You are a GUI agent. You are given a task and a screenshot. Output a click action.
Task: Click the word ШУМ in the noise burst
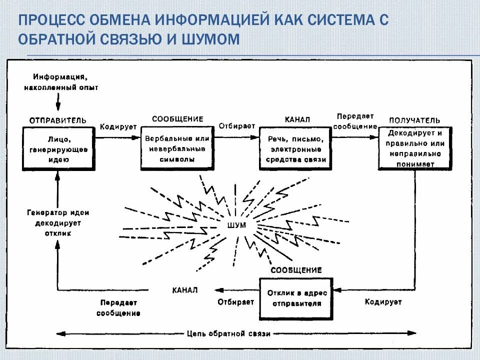(x=236, y=225)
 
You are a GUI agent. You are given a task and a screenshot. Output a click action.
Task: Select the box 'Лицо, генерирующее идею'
(x=59, y=148)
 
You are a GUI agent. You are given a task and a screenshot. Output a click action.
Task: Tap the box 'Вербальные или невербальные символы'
(x=176, y=148)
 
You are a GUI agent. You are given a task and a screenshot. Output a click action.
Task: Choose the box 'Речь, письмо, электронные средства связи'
(x=295, y=148)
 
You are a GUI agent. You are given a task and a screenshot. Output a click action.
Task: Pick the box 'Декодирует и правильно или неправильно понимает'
(x=415, y=148)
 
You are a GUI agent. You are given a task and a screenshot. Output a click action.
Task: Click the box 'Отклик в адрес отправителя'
(x=295, y=298)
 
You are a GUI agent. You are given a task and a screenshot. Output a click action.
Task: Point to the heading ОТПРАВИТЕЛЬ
(x=57, y=120)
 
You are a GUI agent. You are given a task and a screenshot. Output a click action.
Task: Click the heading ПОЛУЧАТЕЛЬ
(x=414, y=120)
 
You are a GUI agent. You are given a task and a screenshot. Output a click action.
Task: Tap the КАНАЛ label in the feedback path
(x=185, y=290)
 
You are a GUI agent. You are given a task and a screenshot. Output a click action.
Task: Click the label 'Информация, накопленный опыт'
(x=61, y=82)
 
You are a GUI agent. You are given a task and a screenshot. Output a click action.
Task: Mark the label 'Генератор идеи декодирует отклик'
(x=58, y=223)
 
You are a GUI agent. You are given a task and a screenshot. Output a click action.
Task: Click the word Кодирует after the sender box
(x=118, y=127)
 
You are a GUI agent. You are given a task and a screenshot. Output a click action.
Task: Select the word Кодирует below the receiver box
(x=383, y=302)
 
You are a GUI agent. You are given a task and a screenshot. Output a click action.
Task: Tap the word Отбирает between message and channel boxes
(x=236, y=125)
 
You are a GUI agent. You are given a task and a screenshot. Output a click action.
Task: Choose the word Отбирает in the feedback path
(x=236, y=302)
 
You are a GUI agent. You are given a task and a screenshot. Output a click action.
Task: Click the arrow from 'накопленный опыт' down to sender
(x=58, y=102)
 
